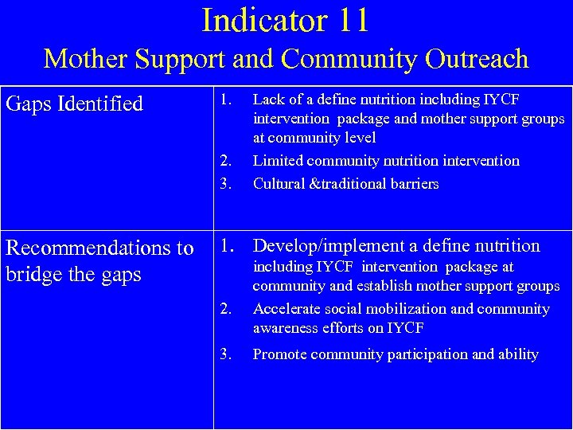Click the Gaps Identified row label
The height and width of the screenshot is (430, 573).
74,104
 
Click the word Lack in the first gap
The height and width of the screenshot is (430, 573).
267,100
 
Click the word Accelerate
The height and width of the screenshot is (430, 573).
286,309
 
